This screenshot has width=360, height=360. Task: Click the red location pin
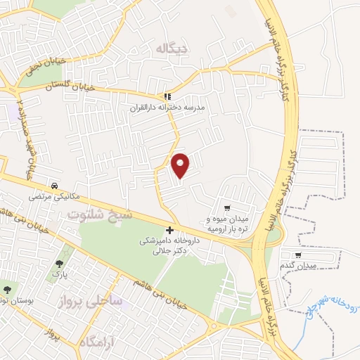tap(181, 165)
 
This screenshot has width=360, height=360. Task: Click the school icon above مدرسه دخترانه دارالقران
tap(167, 96)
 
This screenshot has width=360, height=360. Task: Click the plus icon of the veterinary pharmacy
tap(169, 230)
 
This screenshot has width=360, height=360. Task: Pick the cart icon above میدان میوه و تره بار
tap(227, 207)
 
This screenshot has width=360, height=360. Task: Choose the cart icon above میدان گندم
tap(299, 255)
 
